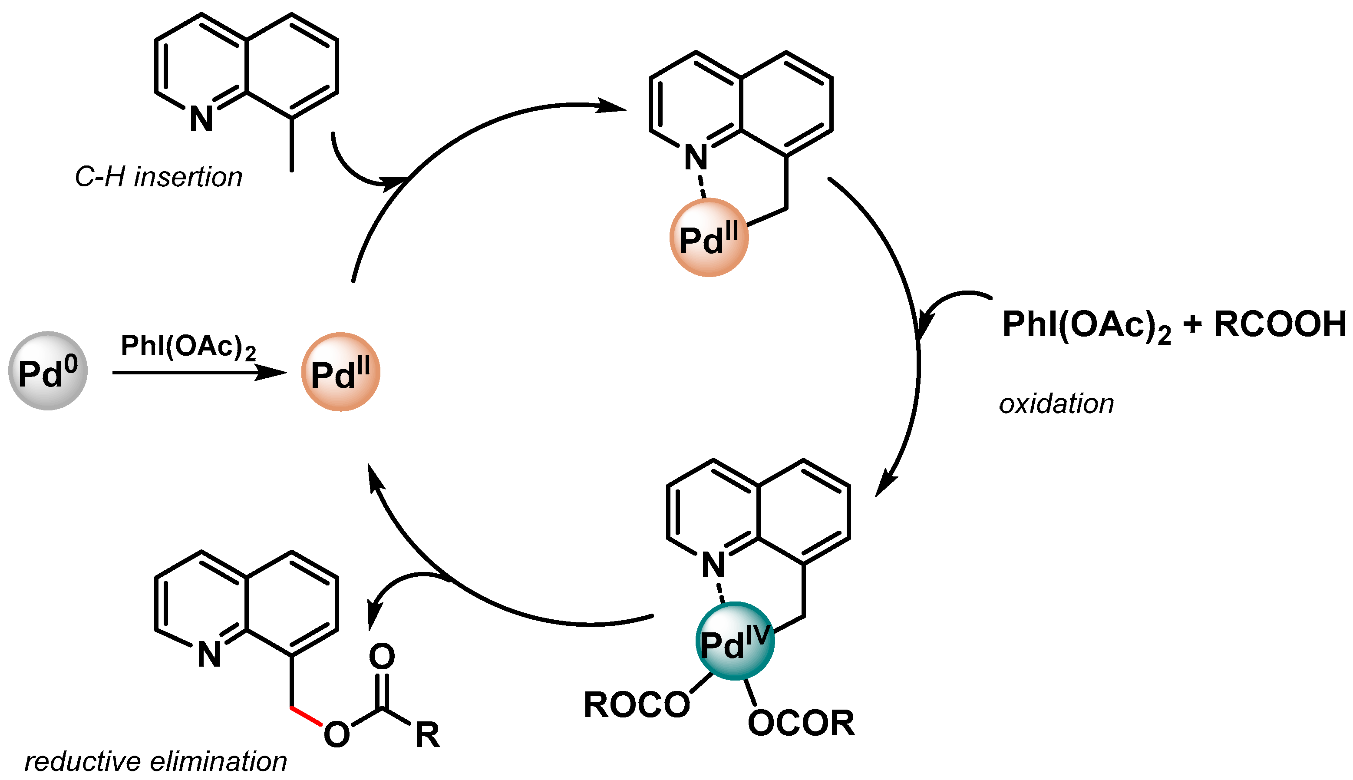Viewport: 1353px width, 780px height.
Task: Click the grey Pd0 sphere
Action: [48, 371]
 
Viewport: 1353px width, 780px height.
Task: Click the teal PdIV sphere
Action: [734, 641]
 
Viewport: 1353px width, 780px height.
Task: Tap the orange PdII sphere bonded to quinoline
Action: [708, 237]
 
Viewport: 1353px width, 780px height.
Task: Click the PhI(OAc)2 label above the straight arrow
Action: [188, 346]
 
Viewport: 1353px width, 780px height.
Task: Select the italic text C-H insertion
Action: [158, 177]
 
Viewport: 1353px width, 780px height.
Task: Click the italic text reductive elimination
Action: [155, 761]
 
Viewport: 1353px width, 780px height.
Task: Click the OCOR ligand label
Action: [800, 723]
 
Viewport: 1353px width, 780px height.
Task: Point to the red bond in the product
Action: [307, 716]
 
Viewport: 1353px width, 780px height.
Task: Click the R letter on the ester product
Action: [427, 735]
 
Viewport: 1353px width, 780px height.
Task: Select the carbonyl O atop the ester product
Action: [382, 656]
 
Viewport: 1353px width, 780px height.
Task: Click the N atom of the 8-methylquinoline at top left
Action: [201, 119]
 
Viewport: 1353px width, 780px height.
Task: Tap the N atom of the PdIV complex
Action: [713, 565]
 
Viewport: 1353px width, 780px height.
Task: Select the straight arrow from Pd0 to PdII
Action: [198, 372]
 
